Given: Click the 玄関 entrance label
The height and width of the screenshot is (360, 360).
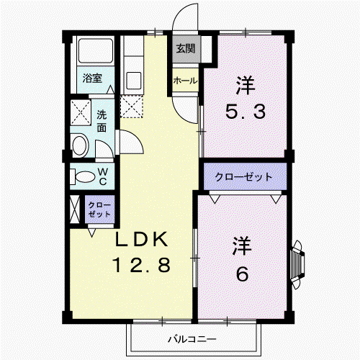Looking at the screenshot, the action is tap(186, 49).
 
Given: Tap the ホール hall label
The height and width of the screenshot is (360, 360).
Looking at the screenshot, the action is tap(185, 81).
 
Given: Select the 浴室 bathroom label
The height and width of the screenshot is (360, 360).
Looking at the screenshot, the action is tap(92, 78).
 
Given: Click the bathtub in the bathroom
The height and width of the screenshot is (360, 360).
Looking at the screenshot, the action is tap(96, 50).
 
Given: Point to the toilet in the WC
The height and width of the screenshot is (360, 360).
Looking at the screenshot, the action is tap(82, 176).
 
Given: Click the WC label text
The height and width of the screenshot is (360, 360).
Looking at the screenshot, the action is tap(103, 176).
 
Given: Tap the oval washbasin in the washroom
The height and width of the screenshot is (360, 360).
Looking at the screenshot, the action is tap(81, 145).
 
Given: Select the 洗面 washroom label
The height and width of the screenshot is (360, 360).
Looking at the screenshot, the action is tap(102, 121).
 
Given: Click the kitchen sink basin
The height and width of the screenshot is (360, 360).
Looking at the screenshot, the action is tap(133, 81).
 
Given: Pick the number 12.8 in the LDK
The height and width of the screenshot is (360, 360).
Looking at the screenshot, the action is tap(142, 265).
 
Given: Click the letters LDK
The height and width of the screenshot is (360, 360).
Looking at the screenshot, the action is tap(141, 239).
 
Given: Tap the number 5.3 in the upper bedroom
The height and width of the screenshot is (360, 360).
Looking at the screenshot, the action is tap(246, 112).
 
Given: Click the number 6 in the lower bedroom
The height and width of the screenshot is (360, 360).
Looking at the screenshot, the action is tap(243, 274).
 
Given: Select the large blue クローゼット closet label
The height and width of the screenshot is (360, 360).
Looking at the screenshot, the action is tap(244, 177).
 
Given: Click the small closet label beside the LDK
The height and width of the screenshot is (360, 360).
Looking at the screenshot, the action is tap(99, 210).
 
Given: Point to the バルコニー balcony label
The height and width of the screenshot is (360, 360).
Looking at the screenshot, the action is tap(192, 339).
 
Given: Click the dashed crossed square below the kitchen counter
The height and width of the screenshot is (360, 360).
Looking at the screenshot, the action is tap(132, 107).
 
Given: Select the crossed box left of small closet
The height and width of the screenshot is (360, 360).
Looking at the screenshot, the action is tap(74, 209).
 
